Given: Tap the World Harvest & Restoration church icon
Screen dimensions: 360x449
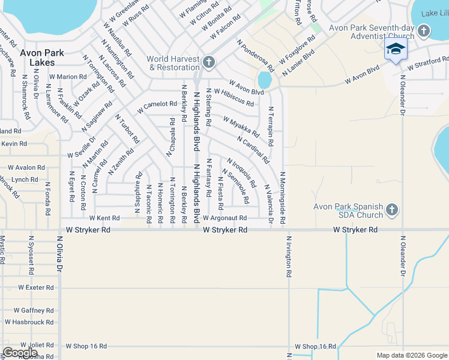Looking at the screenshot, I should (x=208, y=62).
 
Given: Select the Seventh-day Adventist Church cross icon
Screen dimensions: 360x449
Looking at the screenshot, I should (x=424, y=31).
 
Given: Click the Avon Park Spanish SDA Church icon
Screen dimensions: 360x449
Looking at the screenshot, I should (x=391, y=210).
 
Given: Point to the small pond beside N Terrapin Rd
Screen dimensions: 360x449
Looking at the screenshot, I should (x=264, y=79).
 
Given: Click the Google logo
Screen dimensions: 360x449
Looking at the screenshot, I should (x=20, y=353).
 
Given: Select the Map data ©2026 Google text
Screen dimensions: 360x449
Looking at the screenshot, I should (x=411, y=355).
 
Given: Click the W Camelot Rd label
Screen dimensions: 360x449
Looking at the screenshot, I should (x=156, y=107).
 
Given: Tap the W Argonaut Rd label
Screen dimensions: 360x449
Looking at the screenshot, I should (x=224, y=218).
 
